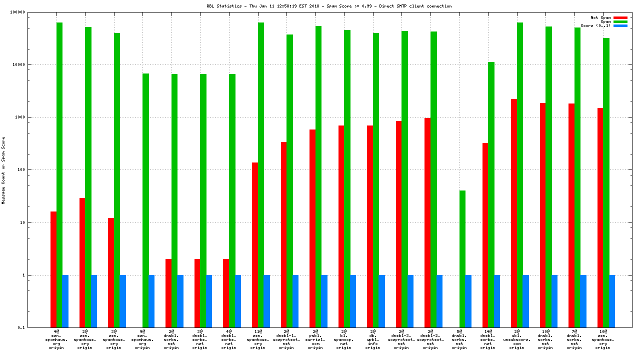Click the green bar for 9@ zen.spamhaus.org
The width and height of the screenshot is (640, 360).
[x=145, y=200]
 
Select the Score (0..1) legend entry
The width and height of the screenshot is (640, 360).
[x=595, y=25]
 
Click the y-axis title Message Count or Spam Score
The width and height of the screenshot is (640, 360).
[x=3, y=170]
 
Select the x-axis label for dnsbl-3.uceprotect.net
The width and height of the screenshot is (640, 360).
[x=401, y=339]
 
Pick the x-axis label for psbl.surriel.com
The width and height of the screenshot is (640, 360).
[x=315, y=339]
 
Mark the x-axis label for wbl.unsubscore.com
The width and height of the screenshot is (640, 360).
[x=517, y=339]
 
